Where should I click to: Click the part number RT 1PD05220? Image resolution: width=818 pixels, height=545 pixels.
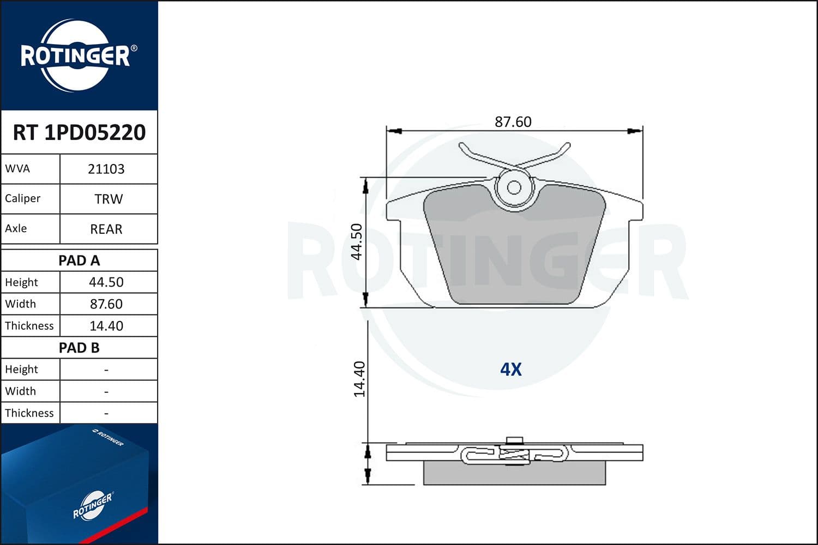coord(79,132)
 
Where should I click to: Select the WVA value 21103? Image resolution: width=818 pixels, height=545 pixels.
coord(106,169)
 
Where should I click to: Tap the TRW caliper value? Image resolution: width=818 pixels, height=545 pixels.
coord(109,199)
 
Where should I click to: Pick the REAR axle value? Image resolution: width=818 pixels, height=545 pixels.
coord(106,229)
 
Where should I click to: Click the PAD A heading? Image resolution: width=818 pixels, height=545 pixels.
coord(79,261)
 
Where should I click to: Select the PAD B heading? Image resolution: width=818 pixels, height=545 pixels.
coord(79,348)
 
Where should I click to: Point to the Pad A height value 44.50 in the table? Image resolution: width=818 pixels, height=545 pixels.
coord(106,282)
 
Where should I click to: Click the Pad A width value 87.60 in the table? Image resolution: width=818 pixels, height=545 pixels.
coord(106,304)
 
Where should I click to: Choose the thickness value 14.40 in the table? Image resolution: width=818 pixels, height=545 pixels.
coord(106,325)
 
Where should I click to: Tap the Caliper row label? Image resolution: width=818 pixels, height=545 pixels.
coord(23,198)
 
